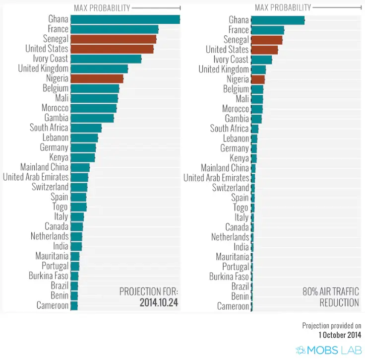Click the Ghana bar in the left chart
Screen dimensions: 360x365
125,19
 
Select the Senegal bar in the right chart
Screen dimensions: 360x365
266,40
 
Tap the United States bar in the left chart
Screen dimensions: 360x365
112,49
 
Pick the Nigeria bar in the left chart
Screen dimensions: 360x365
97,78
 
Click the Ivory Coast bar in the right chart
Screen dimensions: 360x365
261,60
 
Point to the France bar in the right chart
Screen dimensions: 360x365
267,30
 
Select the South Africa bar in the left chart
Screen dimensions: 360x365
86,128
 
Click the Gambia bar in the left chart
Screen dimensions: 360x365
92,118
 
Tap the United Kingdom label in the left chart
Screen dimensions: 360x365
43,69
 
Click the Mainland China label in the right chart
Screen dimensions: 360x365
225,168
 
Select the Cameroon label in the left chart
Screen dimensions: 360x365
52,305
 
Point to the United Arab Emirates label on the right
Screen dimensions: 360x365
216,178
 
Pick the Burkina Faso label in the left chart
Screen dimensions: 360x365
49,276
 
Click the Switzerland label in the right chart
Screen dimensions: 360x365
231,188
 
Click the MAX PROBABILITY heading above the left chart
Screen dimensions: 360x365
102,7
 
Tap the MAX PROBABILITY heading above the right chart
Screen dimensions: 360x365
283,7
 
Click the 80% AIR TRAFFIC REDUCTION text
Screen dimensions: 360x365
331,297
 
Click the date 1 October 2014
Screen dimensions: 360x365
340,335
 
